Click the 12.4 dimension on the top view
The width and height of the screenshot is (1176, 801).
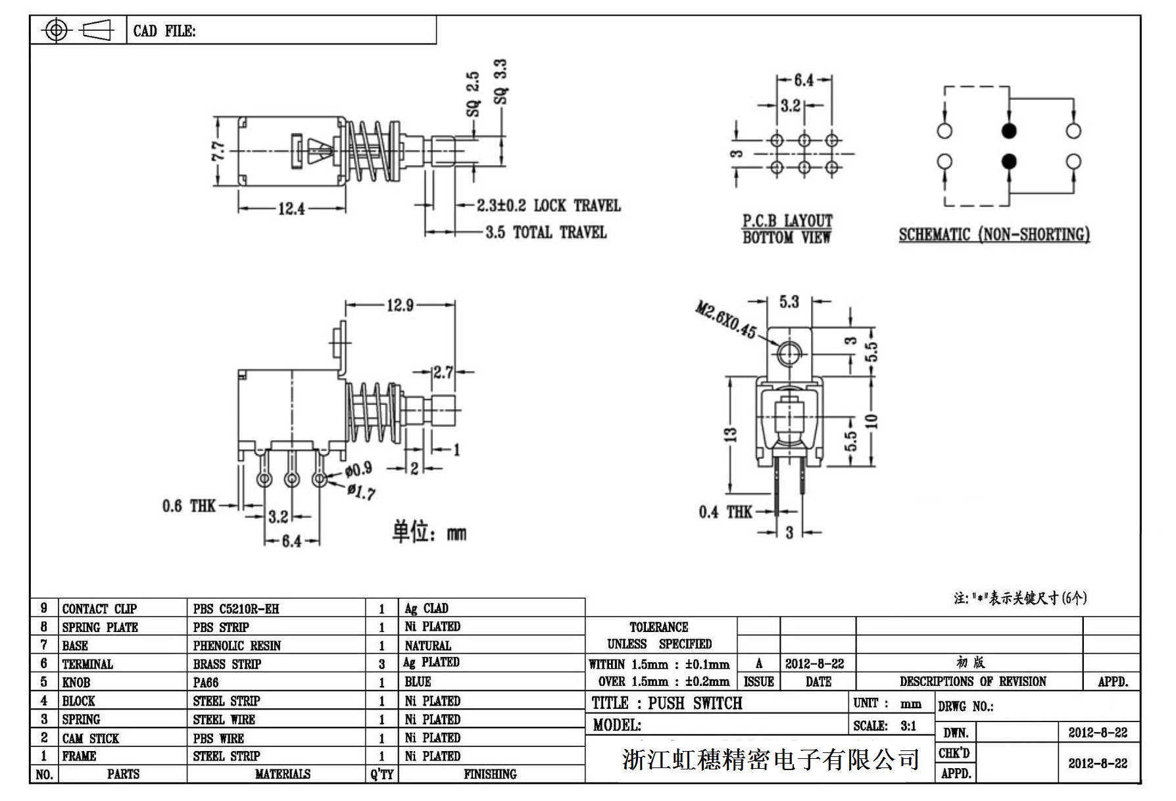pyautogui.click(x=291, y=208)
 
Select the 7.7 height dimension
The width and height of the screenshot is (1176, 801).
pyautogui.click(x=219, y=151)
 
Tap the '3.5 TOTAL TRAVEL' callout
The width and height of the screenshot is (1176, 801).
pyautogui.click(x=545, y=232)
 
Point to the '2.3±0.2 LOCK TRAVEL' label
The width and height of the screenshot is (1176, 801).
pyautogui.click(x=548, y=205)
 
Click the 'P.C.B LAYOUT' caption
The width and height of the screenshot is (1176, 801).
pyautogui.click(x=787, y=221)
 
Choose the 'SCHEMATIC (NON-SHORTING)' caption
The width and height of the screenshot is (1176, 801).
pyautogui.click(x=994, y=235)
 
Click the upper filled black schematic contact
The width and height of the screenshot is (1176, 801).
pyautogui.click(x=1008, y=130)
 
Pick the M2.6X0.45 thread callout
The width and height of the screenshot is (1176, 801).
pyautogui.click(x=725, y=320)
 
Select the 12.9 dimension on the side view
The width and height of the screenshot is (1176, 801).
pyautogui.click(x=400, y=305)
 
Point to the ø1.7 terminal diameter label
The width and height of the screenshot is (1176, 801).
pyautogui.click(x=360, y=491)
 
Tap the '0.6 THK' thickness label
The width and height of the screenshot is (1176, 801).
pyautogui.click(x=189, y=506)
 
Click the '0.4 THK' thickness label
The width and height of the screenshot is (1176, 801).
pyautogui.click(x=725, y=512)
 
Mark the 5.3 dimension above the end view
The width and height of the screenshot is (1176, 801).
pyautogui.click(x=789, y=302)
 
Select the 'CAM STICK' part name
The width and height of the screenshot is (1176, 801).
pyautogui.click(x=91, y=738)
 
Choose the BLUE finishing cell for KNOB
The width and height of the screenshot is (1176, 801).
pyautogui.click(x=418, y=682)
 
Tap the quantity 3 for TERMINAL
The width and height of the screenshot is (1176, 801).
pyautogui.click(x=381, y=664)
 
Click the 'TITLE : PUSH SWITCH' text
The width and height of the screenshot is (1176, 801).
pyautogui.click(x=666, y=703)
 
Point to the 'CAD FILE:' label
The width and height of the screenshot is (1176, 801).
pyautogui.click(x=164, y=31)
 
